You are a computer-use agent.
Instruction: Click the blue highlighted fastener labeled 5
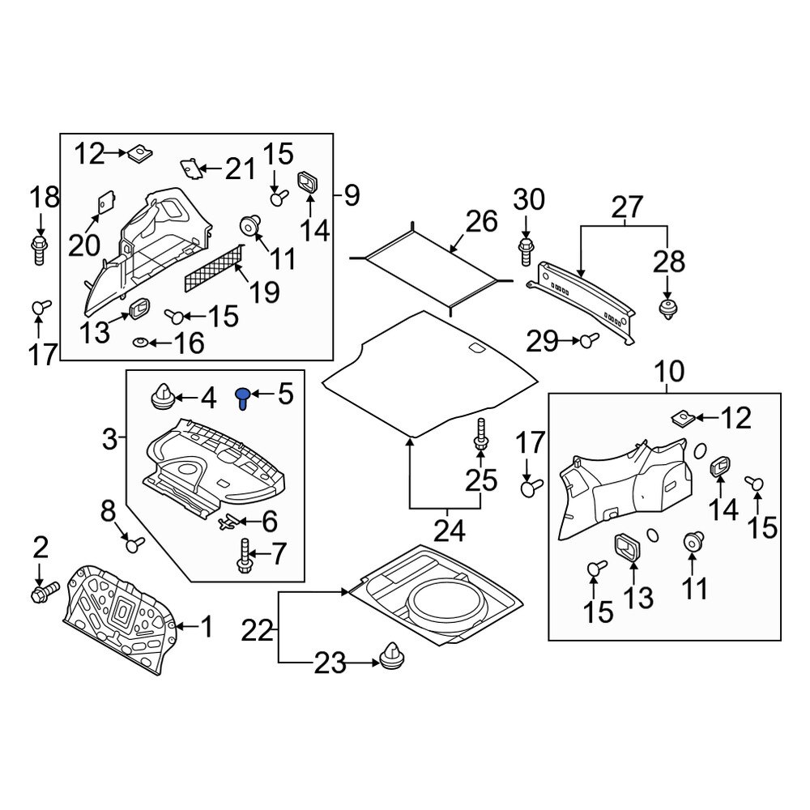coord(242,398)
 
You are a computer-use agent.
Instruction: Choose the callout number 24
coord(450,531)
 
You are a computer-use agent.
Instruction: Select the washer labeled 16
coord(141,344)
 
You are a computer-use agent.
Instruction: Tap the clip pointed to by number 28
coord(668,309)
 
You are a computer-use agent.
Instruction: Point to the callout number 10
coord(670,373)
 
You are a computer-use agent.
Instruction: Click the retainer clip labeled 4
coord(164,398)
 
